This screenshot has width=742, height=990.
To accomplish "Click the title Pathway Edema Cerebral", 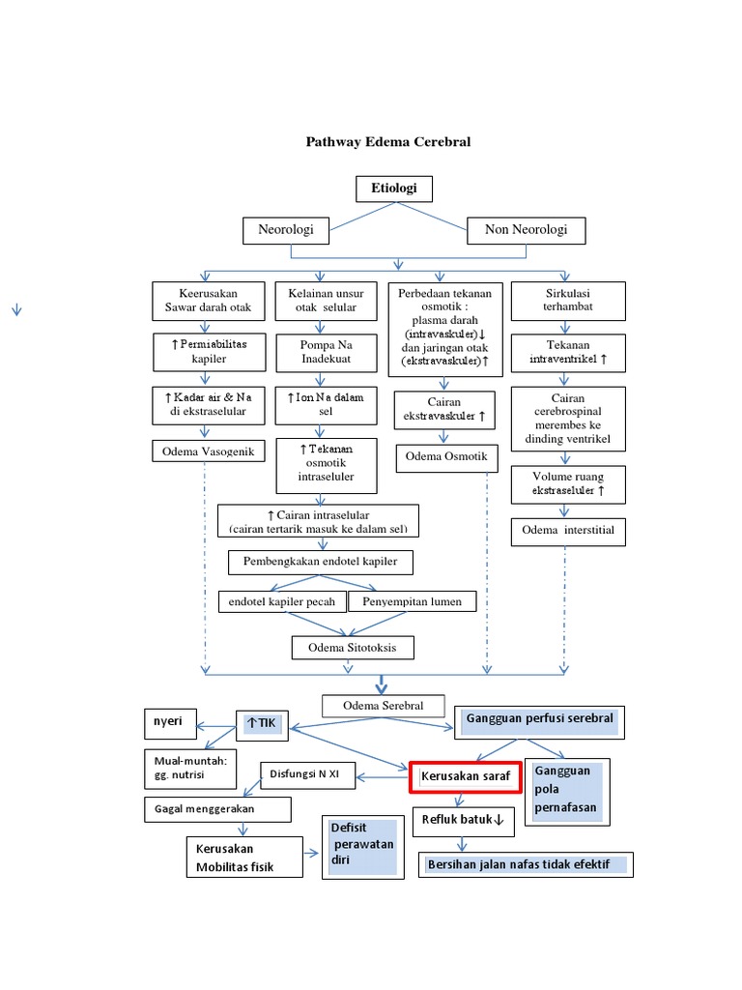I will [388, 142].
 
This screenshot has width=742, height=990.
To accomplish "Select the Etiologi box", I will [393, 189].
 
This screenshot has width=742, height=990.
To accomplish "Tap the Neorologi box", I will [285, 230].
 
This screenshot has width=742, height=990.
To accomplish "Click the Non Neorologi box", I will [526, 230].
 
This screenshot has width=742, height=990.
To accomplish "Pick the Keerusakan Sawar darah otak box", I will [208, 300].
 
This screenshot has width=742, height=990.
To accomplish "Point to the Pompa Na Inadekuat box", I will [326, 351].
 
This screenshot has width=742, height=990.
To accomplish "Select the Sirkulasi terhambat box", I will [568, 300].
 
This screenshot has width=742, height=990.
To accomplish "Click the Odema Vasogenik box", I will [208, 451].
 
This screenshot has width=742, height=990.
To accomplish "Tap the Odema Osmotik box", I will [445, 457].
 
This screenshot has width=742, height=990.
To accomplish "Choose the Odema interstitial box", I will [568, 531].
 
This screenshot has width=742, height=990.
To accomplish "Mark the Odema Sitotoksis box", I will [353, 647].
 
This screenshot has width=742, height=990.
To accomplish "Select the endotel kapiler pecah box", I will [281, 601].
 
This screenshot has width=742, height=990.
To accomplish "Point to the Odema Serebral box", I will [384, 707].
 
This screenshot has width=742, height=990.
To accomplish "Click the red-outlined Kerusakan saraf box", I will [466, 775].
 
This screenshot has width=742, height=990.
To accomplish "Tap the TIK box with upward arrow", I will [262, 725].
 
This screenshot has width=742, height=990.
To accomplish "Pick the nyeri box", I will [169, 722].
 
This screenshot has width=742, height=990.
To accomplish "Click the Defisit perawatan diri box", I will [361, 847].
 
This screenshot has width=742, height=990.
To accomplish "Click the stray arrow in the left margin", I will [16, 309].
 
